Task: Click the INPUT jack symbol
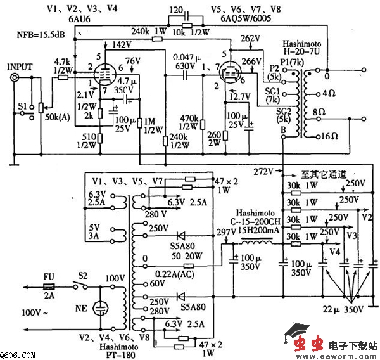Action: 15,78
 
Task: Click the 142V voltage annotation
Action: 122,44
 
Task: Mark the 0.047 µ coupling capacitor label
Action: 180,57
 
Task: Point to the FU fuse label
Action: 48,277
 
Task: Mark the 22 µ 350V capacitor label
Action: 343,310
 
